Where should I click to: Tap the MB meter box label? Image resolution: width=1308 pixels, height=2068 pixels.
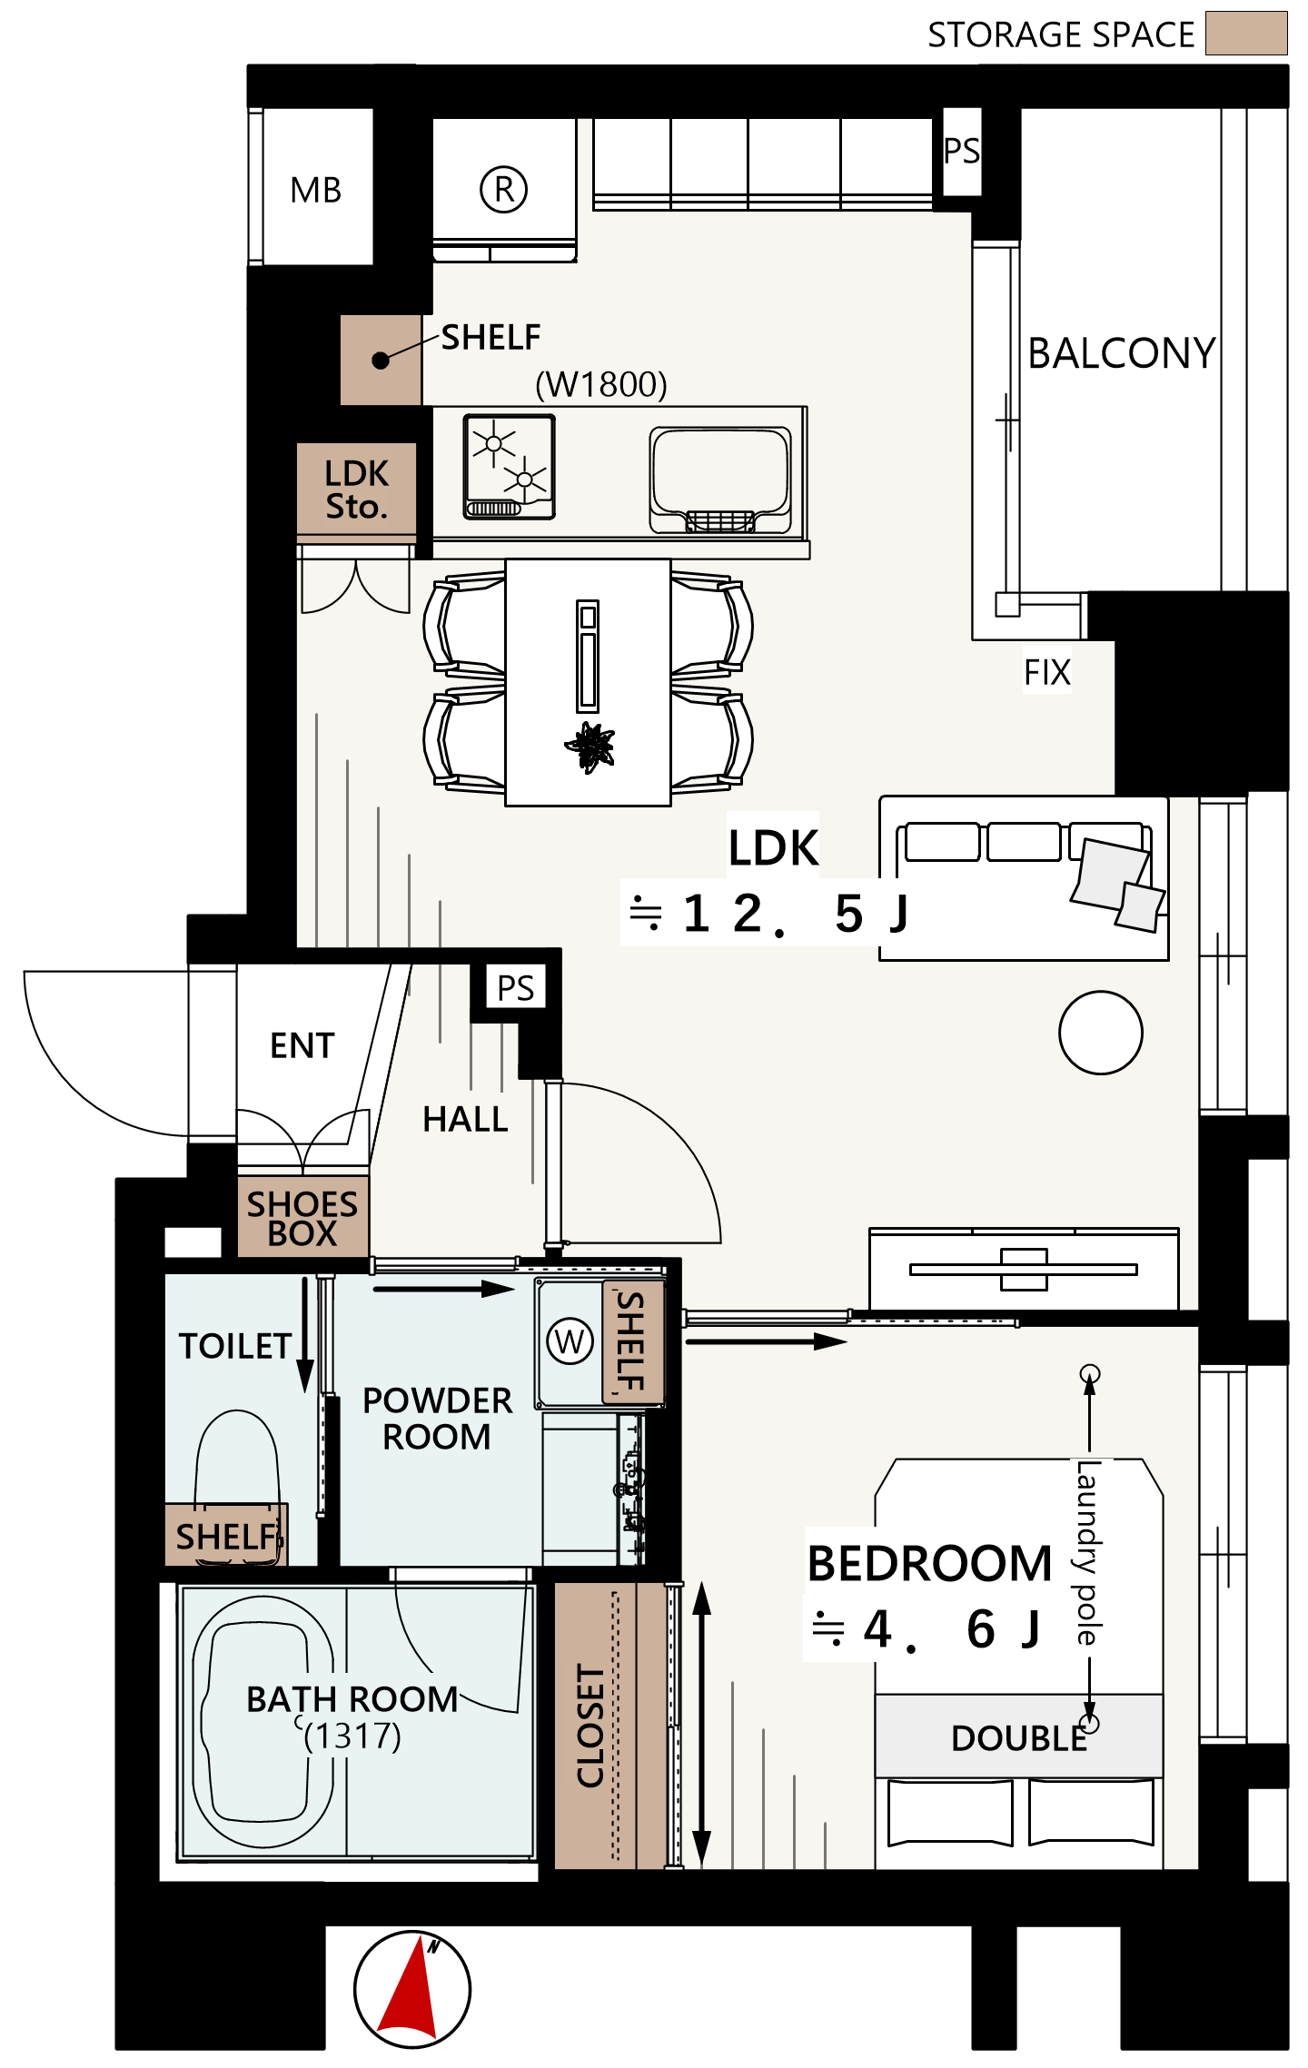click(315, 191)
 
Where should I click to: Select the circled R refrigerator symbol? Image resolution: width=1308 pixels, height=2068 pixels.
click(503, 189)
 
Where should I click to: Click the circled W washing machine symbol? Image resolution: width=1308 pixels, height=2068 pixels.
click(570, 1341)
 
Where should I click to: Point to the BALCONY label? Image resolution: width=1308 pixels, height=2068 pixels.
click(1122, 353)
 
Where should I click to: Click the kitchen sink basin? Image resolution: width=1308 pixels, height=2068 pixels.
click(719, 480)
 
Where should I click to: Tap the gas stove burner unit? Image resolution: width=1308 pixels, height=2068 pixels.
click(509, 467)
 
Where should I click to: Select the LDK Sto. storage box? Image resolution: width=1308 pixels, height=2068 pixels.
click(357, 489)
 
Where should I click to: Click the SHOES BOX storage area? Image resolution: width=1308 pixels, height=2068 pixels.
click(302, 1217)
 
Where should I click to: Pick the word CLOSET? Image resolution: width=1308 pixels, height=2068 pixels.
click(590, 1727)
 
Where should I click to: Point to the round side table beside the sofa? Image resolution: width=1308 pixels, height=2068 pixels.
click(1100, 1033)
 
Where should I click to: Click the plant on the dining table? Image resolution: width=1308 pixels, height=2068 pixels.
click(591, 747)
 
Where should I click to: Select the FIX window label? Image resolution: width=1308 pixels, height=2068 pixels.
click(1047, 673)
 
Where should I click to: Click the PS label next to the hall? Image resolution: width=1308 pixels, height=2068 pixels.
click(516, 987)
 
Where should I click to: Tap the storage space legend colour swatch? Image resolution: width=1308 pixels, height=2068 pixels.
click(1246, 34)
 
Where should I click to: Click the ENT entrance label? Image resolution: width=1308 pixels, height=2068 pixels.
click(302, 1045)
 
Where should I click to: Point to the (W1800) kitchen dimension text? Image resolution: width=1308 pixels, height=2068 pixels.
click(601, 384)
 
